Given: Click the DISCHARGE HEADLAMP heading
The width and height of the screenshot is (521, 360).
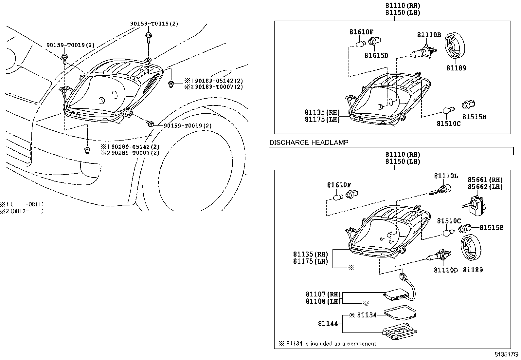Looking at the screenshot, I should tap(309, 142).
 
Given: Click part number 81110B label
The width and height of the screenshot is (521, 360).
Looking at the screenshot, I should tap(429, 35).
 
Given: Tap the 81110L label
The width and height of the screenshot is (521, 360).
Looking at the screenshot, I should tap(446, 176).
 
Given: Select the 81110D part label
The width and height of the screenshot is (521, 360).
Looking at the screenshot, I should tap(446, 270).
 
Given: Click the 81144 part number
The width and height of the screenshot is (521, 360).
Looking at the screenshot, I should tap(328, 324).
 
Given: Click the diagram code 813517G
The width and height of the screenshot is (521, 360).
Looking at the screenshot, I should tap(507, 355).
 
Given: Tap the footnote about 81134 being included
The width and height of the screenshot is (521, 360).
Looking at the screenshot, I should tap(327, 344).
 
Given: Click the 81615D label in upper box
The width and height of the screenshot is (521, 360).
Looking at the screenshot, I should tap(376, 55).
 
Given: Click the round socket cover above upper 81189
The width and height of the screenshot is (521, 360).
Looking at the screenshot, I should tap(456, 46).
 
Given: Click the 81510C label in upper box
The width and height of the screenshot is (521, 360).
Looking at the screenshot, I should tap(448, 124).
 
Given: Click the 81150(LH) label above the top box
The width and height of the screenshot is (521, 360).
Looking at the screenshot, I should tap(403, 12).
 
